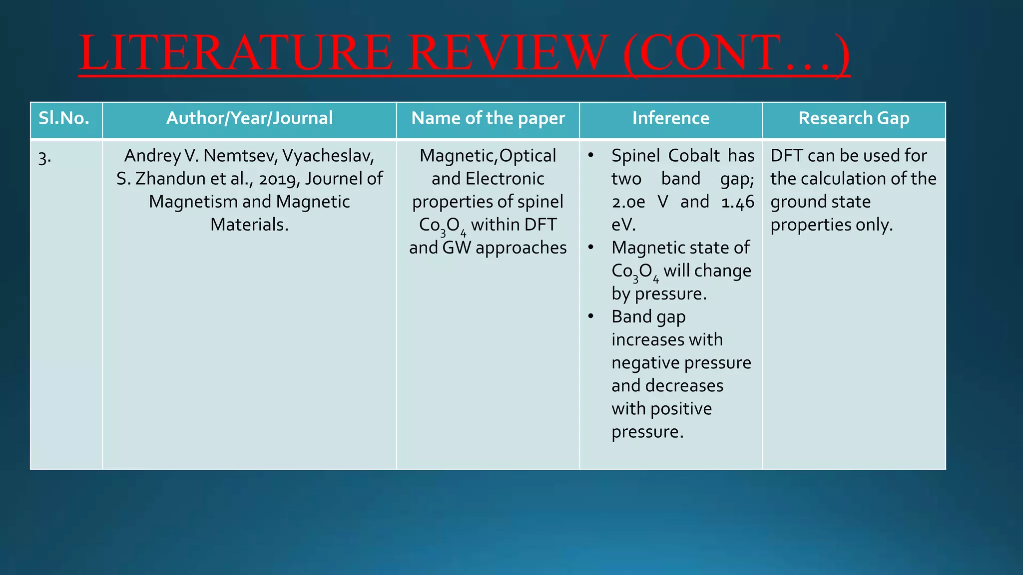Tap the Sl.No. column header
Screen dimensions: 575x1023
(x=64, y=118)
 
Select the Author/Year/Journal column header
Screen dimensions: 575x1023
(x=249, y=118)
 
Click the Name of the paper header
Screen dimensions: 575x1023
(x=488, y=118)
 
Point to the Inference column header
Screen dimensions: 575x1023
(x=670, y=118)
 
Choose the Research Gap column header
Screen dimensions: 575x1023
(x=854, y=118)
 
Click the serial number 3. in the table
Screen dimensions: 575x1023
(x=44, y=158)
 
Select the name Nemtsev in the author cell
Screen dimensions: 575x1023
(x=240, y=156)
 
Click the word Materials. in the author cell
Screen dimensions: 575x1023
(x=249, y=225)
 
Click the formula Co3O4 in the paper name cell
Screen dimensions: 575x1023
(x=442, y=226)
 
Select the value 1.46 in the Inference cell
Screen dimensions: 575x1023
(x=737, y=202)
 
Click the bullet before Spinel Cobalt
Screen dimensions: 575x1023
(x=590, y=155)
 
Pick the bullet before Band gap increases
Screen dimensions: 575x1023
(x=590, y=316)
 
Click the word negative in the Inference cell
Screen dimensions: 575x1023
(x=644, y=363)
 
